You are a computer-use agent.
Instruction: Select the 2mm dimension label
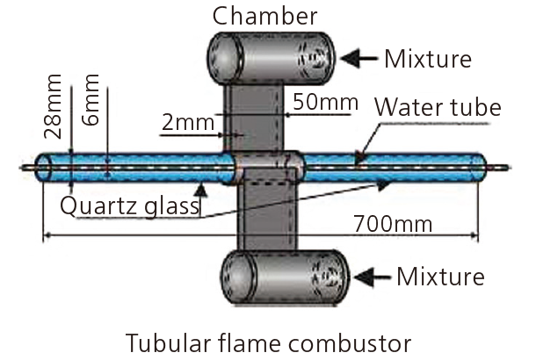point(187,124)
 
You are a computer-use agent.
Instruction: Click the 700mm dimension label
point(394,224)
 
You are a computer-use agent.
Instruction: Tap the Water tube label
point(438,109)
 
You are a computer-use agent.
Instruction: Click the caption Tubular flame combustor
point(268,340)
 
